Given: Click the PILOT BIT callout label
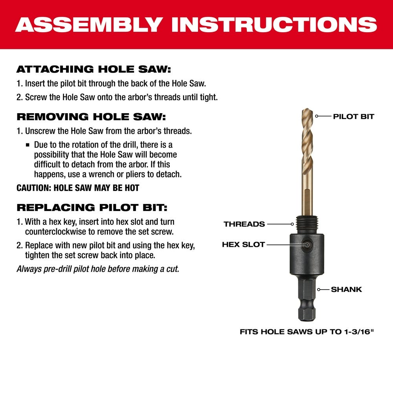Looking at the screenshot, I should pyautogui.click(x=353, y=116).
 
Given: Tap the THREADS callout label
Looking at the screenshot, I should pyautogui.click(x=244, y=224).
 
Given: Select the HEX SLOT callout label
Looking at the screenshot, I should pyautogui.click(x=243, y=244).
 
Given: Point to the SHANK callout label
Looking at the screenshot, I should pyautogui.click(x=346, y=290).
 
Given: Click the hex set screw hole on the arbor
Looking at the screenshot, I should pyautogui.click(x=307, y=244).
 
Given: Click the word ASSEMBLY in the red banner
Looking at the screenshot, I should pyautogui.click(x=89, y=24).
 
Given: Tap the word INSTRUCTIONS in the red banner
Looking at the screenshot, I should pyautogui.click(x=270, y=24).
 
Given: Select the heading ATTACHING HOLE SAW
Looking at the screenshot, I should pyautogui.click(x=94, y=70).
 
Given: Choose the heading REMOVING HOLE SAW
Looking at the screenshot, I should pyautogui.click(x=91, y=117).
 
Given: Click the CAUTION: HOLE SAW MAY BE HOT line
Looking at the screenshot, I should pyautogui.click(x=78, y=188).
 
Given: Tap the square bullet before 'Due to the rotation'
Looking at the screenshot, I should pyautogui.click(x=28, y=145).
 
